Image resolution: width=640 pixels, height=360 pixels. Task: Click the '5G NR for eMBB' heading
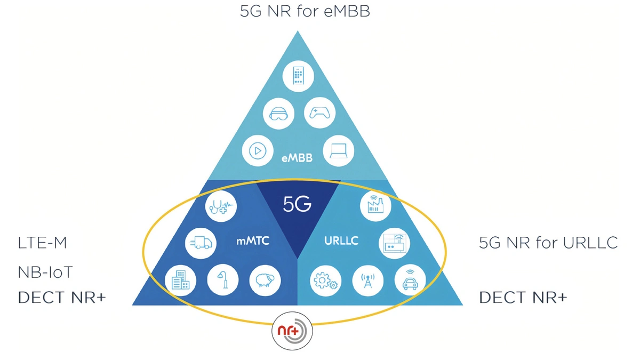click(305, 11)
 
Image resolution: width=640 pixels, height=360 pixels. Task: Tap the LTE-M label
click(42, 243)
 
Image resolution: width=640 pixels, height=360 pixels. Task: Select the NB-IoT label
click(45, 272)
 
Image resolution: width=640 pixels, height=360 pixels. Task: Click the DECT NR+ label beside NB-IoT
click(62, 298)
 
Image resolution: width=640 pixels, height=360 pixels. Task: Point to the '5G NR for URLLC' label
click(548, 243)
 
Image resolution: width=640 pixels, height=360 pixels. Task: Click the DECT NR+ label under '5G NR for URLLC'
click(523, 298)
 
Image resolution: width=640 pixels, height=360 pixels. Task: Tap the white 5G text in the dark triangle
click(297, 204)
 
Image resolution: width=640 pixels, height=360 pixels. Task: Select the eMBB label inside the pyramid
click(297, 158)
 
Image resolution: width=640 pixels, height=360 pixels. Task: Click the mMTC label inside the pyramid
click(253, 241)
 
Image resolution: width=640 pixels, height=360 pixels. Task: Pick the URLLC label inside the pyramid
click(341, 241)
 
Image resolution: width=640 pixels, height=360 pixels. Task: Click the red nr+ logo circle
click(292, 331)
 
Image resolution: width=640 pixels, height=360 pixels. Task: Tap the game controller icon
click(319, 113)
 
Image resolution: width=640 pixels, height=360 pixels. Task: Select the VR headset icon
click(278, 114)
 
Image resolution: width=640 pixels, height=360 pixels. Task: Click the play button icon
click(258, 150)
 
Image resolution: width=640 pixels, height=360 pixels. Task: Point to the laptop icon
click(339, 150)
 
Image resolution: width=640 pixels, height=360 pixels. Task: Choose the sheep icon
click(265, 281)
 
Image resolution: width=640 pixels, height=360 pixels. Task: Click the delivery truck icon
click(201, 243)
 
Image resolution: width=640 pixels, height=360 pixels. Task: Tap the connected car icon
click(410, 279)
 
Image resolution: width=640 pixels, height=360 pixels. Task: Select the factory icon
click(375, 205)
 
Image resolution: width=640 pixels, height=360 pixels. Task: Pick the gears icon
click(326, 281)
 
